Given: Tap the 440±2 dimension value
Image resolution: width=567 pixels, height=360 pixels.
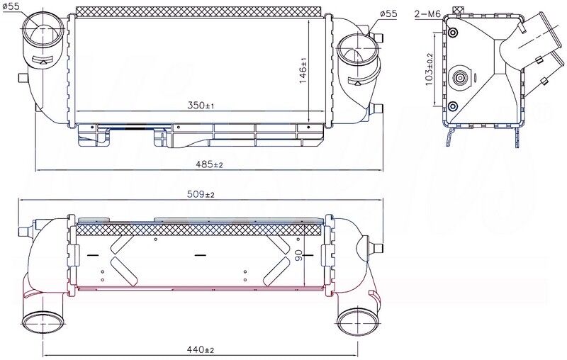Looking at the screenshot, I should click(x=201, y=349).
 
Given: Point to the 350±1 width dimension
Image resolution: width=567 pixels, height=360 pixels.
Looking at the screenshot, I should click(x=201, y=105).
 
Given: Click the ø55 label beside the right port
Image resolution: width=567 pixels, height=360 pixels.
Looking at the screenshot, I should click(x=388, y=13).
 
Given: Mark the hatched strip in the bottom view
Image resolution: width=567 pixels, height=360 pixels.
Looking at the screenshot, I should click(x=201, y=230).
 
